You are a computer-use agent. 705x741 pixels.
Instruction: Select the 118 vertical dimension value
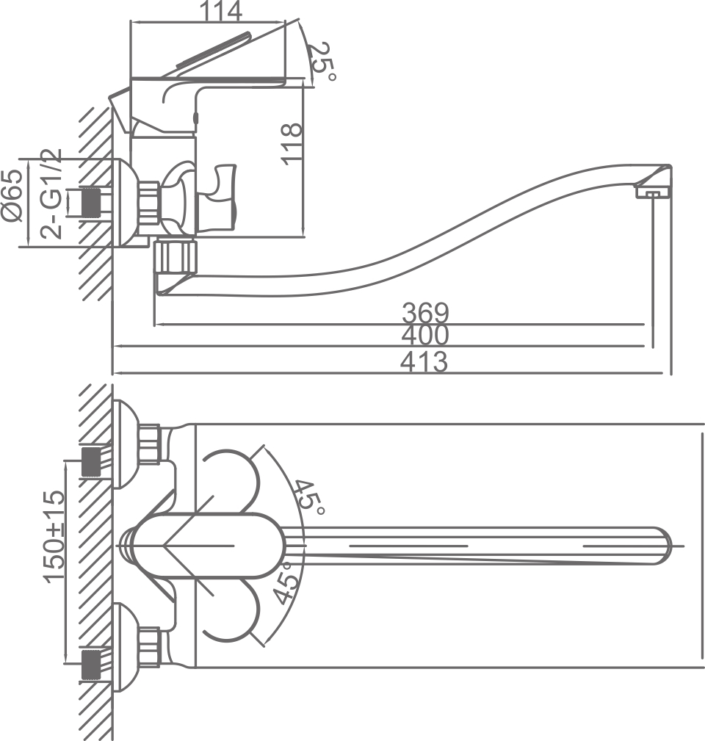click(x=292, y=142)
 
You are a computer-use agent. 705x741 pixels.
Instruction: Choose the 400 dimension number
click(x=425, y=336)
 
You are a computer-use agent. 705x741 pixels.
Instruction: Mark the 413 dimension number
click(x=425, y=361)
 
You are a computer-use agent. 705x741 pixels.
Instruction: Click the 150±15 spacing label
click(x=55, y=538)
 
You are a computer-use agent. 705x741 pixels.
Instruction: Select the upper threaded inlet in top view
click(x=91, y=461)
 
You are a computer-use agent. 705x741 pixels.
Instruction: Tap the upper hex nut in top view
click(x=151, y=444)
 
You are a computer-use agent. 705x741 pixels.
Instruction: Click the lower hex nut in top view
click(x=151, y=646)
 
